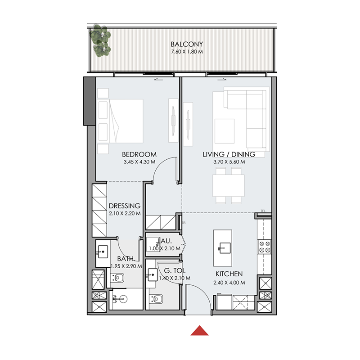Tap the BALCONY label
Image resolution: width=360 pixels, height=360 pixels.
tap(187, 45)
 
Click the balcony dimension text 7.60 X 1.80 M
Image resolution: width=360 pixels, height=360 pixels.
tap(187, 52)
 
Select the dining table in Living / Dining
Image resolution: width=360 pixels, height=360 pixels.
tap(228, 185)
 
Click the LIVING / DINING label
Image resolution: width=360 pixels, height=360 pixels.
tap(229, 154)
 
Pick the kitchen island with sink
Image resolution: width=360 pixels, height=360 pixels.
tap(224, 244)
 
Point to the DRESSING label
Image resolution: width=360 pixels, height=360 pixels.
tap(125, 206)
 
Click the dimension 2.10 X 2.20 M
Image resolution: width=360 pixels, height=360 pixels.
tap(125, 213)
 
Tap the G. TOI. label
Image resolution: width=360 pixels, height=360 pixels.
tap(173, 271)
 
